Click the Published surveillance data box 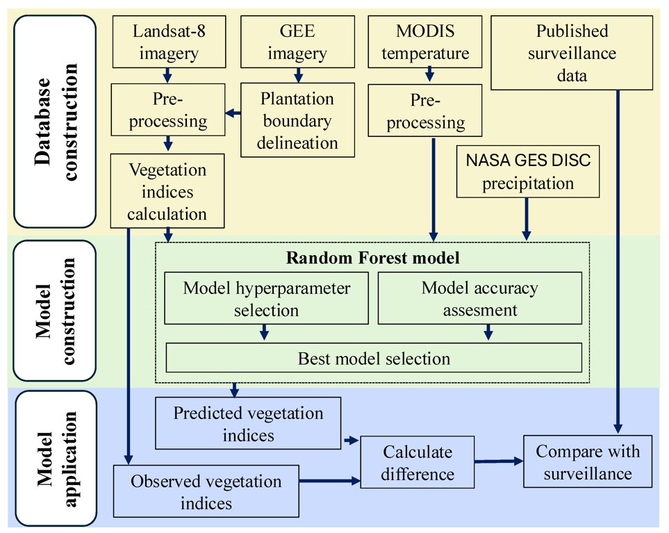coord(571,54)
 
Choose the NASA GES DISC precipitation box coord(529,172)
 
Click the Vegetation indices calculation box coord(167,191)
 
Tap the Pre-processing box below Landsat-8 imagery coord(167,110)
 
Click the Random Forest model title coord(372,259)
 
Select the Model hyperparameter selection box coord(266,298)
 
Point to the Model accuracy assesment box coord(479,298)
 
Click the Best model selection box coord(374,358)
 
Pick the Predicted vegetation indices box coord(248,423)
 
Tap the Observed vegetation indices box coord(206,491)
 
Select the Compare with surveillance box coord(588,462)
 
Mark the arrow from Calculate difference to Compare coord(498,461)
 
